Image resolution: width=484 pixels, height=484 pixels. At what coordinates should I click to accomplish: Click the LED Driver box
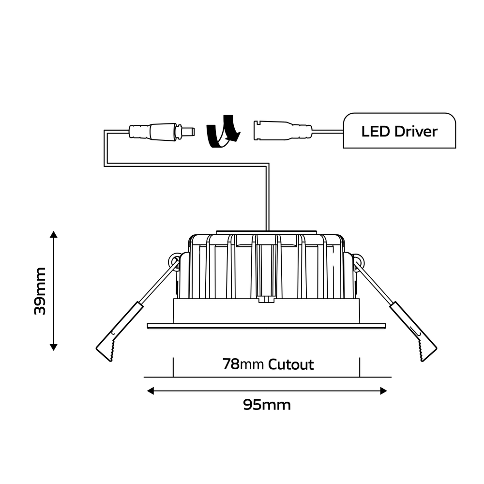(399, 131)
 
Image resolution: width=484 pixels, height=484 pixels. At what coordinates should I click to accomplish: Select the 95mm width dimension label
(267, 405)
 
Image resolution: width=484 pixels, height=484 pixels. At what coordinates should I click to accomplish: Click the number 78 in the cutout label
(231, 364)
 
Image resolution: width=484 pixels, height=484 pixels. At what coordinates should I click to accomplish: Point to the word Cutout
(291, 364)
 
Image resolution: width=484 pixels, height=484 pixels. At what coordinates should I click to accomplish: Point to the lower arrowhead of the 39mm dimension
(54, 347)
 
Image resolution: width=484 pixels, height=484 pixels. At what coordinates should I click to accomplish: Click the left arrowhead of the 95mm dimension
(150, 391)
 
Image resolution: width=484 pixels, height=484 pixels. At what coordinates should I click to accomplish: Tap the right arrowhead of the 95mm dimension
(384, 391)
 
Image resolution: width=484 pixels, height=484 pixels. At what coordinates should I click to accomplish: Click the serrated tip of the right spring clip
(425, 351)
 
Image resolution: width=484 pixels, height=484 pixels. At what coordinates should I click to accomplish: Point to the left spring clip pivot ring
(173, 261)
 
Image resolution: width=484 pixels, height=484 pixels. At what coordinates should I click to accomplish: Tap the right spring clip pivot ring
(358, 261)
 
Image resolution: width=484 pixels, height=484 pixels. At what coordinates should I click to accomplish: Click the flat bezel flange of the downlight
(267, 326)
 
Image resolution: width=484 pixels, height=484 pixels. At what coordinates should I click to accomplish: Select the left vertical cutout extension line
(173, 367)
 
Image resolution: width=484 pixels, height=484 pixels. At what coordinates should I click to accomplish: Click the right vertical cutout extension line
(360, 367)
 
